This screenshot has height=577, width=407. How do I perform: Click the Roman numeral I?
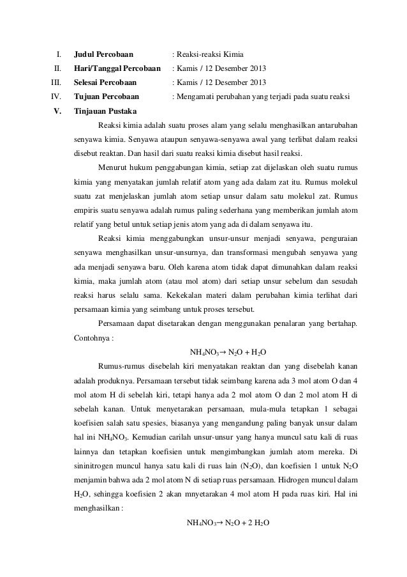click(x=58, y=54)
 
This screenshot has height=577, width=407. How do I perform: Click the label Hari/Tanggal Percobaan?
click(x=117, y=68)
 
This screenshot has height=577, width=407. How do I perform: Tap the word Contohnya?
click(x=92, y=337)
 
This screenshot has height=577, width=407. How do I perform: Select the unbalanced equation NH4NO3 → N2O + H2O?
click(x=228, y=351)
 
